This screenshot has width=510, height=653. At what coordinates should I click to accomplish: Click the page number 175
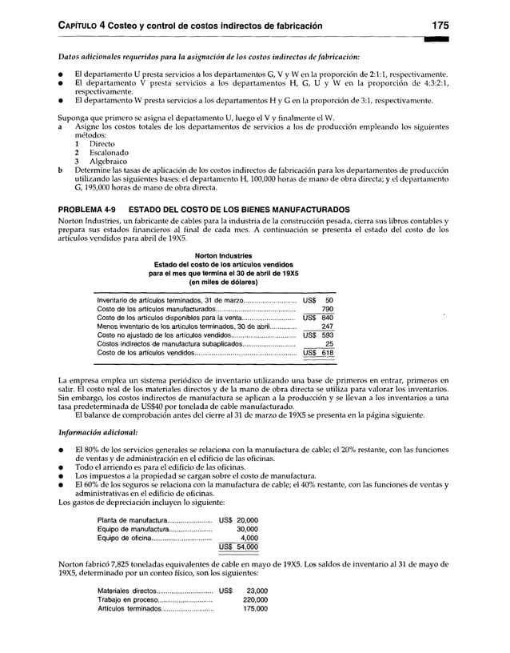pyautogui.click(x=438, y=26)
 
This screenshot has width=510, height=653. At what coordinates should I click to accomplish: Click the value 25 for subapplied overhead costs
pyautogui.click(x=329, y=344)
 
